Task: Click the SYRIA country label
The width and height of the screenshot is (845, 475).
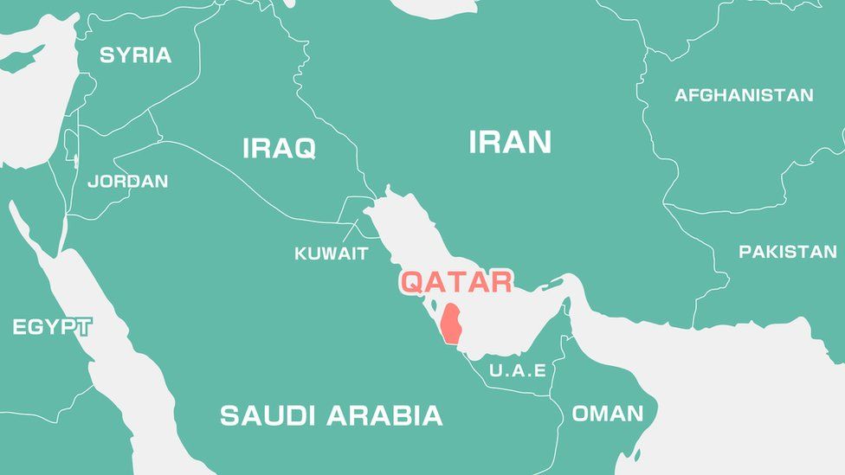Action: (x=135, y=55)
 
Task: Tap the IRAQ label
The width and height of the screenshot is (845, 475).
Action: (x=279, y=148)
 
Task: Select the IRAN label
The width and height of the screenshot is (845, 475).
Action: (x=510, y=142)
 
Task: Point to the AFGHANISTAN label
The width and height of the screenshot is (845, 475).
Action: (x=744, y=95)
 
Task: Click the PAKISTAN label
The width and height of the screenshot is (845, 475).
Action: (x=788, y=252)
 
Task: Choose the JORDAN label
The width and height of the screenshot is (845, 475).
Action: (x=128, y=182)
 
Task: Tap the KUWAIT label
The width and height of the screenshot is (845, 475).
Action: (x=331, y=254)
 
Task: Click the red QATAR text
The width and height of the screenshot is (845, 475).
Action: (x=455, y=281)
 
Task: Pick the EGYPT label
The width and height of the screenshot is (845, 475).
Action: (x=52, y=327)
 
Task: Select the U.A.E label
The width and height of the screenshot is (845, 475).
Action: (x=518, y=370)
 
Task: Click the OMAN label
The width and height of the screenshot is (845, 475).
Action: (x=608, y=414)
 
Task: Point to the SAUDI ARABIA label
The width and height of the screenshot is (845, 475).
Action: (x=331, y=415)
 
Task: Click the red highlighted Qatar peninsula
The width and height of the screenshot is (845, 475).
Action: (x=450, y=324)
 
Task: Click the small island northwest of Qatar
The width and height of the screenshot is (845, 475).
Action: (x=433, y=305)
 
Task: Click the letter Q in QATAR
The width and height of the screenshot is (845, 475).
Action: (x=413, y=281)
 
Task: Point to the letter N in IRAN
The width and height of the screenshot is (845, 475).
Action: (x=539, y=142)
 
